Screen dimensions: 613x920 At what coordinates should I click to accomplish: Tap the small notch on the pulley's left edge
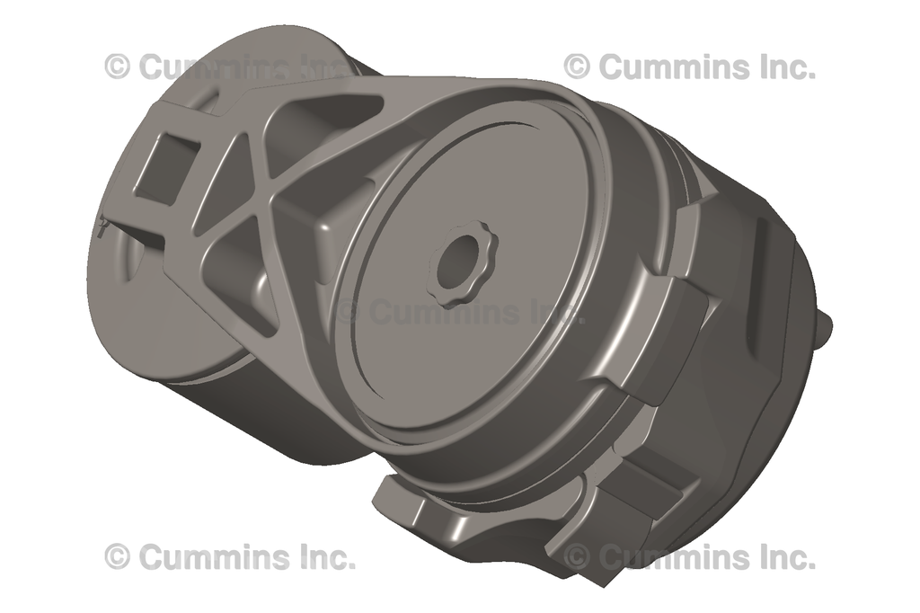click(x=102, y=226)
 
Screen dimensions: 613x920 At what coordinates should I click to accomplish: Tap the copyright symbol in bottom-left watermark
click(x=117, y=557)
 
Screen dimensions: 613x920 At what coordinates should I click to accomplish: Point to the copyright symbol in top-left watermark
click(x=117, y=66)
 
